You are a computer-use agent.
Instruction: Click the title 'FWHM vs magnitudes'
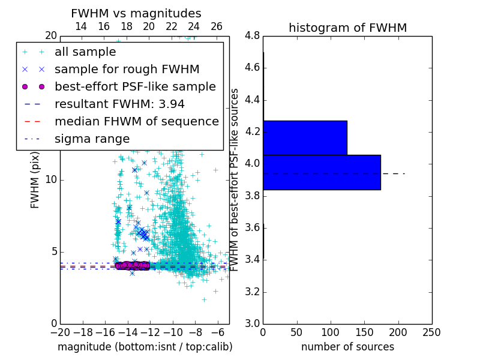pos(136,13)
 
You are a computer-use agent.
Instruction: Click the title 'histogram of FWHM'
pos(347,28)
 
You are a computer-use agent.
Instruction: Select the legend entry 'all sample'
pos(85,52)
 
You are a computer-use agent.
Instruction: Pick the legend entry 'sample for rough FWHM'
pos(127,69)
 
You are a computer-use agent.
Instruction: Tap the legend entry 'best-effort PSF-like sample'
pos(135,86)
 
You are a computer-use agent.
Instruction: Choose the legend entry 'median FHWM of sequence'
pos(136,121)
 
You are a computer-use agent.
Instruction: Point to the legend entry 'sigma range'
pos(92,139)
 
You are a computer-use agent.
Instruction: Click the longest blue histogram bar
pos(322,172)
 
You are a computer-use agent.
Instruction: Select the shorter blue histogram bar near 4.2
pos(305,137)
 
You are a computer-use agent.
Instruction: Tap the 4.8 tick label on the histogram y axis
pos(252,35)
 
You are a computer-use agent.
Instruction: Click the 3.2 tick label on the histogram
pos(252,292)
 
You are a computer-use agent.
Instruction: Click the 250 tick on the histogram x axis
pos(431,332)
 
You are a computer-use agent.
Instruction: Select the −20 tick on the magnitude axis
pos(60,332)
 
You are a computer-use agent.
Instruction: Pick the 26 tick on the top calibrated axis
pos(217,26)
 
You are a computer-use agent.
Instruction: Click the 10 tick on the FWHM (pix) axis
pos(50,180)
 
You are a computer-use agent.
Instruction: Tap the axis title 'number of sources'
pos(347,347)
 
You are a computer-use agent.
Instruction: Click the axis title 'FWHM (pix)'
pos(35,180)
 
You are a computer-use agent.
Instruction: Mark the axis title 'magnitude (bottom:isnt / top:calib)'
pos(145,347)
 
